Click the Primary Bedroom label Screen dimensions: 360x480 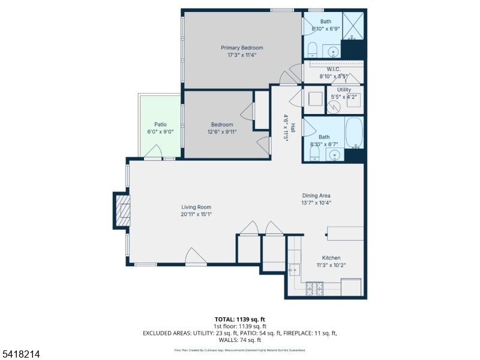pyautogui.click(x=242, y=48)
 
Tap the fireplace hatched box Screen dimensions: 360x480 pyautogui.click(x=122, y=211)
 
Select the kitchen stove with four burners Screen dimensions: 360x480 pyautogui.click(x=315, y=289)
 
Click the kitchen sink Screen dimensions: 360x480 pyautogui.click(x=294, y=271)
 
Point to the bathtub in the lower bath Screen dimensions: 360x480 pyautogui.click(x=354, y=133)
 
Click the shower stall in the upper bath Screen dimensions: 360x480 pyautogui.click(x=353, y=25)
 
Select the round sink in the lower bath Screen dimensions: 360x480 pyautogui.click(x=335, y=155)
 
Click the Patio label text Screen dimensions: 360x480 pyautogui.click(x=160, y=124)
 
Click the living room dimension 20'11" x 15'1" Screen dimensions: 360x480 pyautogui.click(x=196, y=214)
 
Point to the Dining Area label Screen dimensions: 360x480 pyautogui.click(x=316, y=196)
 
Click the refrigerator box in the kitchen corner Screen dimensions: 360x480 pyautogui.click(x=351, y=288)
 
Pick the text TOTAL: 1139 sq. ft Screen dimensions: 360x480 pyautogui.click(x=239, y=319)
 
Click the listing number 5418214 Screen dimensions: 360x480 pyautogui.click(x=20, y=355)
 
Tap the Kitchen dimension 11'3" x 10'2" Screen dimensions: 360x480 pyautogui.click(x=331, y=265)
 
